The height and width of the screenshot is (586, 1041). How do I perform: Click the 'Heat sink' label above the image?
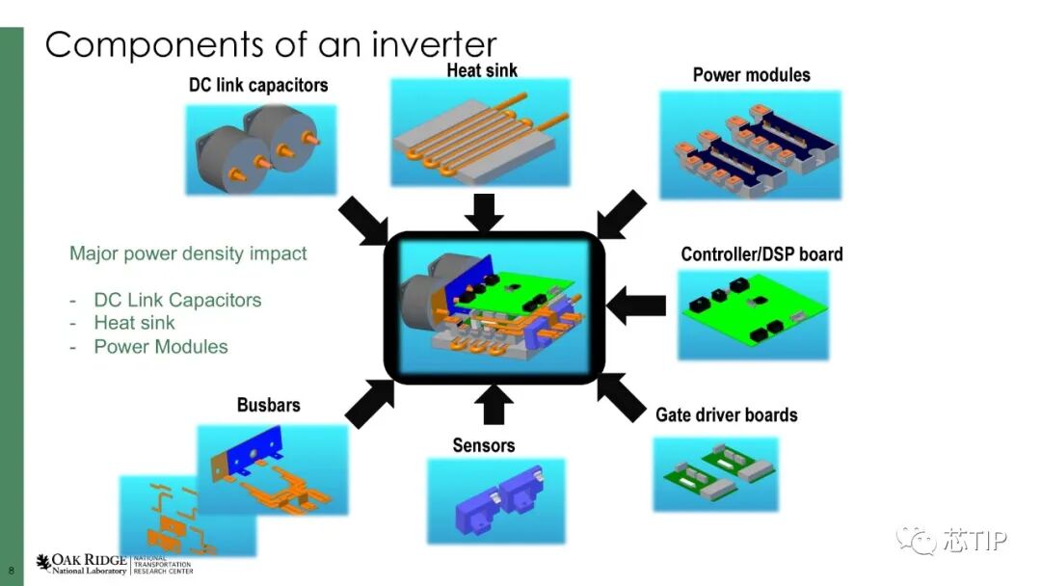point(481,69)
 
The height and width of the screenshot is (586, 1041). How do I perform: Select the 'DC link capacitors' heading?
point(258,85)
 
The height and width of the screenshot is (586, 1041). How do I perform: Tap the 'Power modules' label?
point(752,75)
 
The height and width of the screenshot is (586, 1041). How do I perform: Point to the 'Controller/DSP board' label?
point(761,254)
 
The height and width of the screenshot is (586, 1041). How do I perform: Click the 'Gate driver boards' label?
point(727,414)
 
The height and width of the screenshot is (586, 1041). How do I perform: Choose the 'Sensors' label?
point(483,445)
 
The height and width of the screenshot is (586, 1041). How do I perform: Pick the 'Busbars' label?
point(268,405)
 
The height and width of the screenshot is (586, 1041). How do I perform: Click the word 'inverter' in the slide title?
point(434,45)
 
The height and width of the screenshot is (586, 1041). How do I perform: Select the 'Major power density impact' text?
point(188,253)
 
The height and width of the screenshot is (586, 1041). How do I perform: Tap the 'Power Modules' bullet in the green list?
point(161,346)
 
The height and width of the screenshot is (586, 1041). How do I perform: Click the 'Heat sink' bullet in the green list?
point(134,323)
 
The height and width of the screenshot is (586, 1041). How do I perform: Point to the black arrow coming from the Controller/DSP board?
point(636,306)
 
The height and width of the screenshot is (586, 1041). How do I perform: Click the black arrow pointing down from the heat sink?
point(484,212)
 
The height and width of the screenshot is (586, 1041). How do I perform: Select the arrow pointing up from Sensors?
point(494,405)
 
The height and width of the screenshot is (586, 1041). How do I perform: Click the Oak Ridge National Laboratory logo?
point(115,564)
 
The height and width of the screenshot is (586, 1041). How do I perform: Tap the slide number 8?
point(12,570)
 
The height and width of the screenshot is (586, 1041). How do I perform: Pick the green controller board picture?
point(754,314)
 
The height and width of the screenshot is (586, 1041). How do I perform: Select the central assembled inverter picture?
point(494,307)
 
